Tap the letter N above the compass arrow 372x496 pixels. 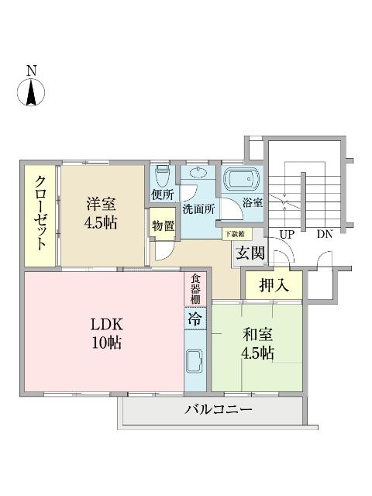pyautogui.click(x=32, y=71)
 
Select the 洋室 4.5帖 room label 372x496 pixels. pyautogui.click(x=101, y=214)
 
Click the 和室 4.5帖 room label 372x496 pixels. pyautogui.click(x=256, y=344)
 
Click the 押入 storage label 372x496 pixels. pyautogui.click(x=274, y=284)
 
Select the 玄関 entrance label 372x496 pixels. pyautogui.click(x=250, y=252)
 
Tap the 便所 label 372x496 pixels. pyautogui.click(x=163, y=195)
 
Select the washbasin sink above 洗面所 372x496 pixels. pyautogui.click(x=198, y=174)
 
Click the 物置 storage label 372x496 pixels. pyautogui.click(x=163, y=226)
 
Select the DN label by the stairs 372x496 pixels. pyautogui.click(x=324, y=232)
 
